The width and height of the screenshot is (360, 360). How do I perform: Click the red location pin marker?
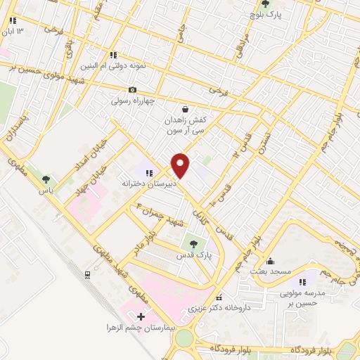click(x=181, y=165)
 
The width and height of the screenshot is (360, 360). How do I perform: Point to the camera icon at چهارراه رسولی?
click(x=132, y=89)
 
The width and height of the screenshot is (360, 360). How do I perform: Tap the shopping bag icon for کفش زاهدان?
click(x=185, y=109)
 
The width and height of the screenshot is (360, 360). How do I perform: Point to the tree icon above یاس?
click(x=46, y=180)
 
